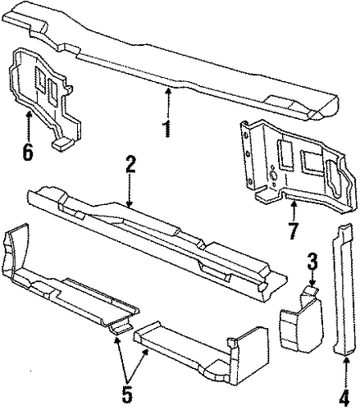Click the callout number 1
166,129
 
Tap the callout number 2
130,164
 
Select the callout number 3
312,261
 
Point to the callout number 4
344,399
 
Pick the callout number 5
127,394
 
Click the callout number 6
28,152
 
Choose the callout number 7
293,231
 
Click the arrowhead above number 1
169,90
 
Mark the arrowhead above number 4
346,360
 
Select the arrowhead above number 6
29,113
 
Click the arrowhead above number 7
294,203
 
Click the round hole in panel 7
272,175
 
